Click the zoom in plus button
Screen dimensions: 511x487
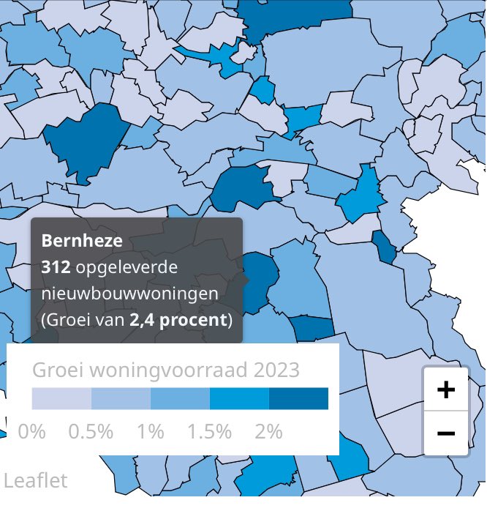tap(445, 389)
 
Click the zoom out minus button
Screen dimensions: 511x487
tap(445, 433)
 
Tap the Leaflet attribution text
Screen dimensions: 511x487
tap(35, 480)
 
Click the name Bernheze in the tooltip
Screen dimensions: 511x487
tap(82, 240)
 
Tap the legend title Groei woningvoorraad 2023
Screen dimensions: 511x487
tap(166, 370)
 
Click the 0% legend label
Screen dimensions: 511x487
tap(31, 431)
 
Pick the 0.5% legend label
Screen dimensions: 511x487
tap(91, 431)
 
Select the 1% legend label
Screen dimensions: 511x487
tap(150, 431)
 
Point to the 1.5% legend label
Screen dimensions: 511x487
tap(209, 431)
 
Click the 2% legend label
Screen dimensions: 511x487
tap(268, 431)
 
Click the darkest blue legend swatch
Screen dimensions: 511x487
tap(298, 399)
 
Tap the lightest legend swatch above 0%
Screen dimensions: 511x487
tap(61, 399)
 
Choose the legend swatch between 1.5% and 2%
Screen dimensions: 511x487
tap(239, 399)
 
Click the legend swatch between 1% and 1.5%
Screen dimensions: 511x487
tap(180, 399)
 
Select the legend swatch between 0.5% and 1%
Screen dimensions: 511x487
tap(121, 399)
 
